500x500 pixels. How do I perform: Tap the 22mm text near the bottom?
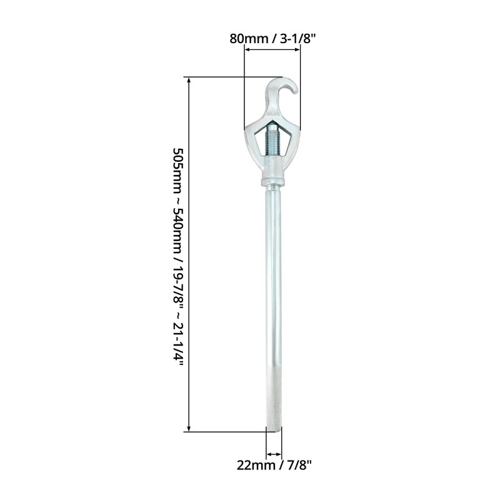tap(252, 464)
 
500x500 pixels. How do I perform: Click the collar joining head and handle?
tap(273, 183)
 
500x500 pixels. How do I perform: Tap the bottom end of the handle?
tap(274, 427)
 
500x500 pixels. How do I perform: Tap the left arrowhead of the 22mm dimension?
tap(269, 454)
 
